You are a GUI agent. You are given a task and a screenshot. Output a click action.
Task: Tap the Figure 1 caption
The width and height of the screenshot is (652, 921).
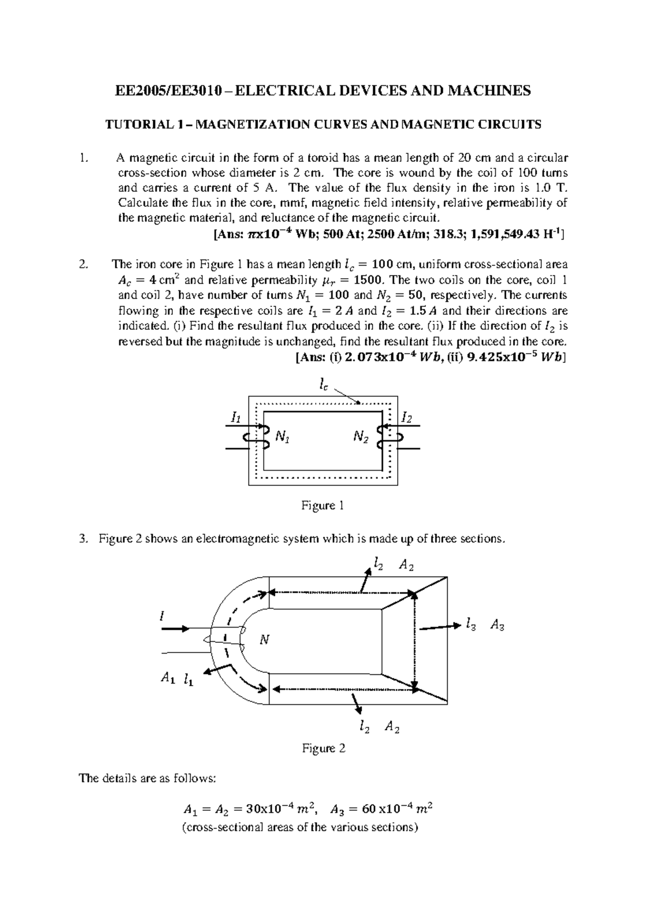[323, 506]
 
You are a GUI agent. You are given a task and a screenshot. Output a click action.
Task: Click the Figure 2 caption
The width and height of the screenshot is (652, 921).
[324, 748]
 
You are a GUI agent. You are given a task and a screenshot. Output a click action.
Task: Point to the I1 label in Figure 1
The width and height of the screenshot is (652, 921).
[235, 418]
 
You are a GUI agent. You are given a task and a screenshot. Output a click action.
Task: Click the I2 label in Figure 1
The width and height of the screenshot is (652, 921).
[406, 418]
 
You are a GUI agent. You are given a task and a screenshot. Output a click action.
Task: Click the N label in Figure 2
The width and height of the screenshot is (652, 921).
[264, 640]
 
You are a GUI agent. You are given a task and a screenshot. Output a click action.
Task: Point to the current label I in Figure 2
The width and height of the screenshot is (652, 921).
[161, 616]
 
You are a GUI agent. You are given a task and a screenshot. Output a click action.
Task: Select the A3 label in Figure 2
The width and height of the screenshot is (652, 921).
[497, 625]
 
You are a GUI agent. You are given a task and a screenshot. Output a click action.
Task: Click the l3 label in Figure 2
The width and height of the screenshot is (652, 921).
[471, 625]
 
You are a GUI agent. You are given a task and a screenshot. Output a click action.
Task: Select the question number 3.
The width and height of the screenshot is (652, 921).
[83, 539]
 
